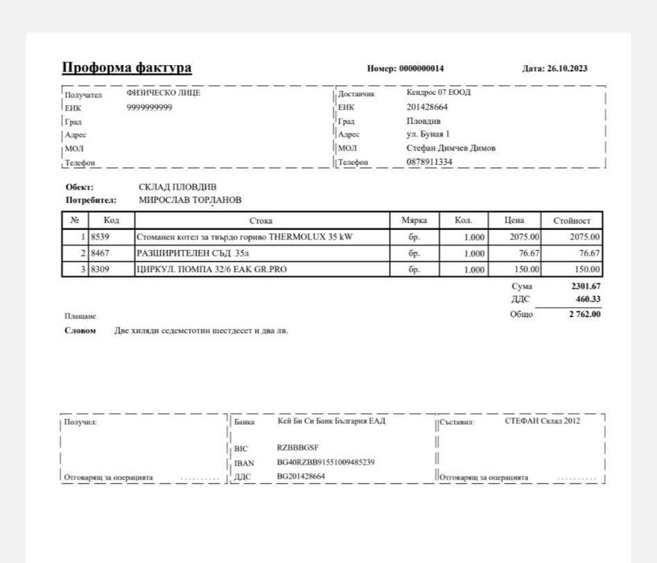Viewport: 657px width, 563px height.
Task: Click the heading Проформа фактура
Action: pyautogui.click(x=126, y=68)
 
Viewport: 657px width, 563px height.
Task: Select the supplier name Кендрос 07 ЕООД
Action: pyautogui.click(x=439, y=92)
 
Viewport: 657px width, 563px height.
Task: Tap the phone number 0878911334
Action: pyautogui.click(x=429, y=162)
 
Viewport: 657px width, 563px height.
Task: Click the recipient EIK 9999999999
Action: pyautogui.click(x=150, y=107)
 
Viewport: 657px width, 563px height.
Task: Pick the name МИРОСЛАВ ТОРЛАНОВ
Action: pyautogui.click(x=190, y=199)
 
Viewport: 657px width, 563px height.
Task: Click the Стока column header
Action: pyautogui.click(x=261, y=220)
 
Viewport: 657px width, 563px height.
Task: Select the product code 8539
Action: pyautogui.click(x=100, y=237)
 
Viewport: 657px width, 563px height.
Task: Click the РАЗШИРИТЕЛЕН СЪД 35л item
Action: pyautogui.click(x=188, y=253)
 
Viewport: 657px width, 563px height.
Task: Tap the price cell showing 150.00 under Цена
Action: pyautogui.click(x=525, y=269)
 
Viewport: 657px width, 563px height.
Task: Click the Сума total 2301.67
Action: pyautogui.click(x=585, y=286)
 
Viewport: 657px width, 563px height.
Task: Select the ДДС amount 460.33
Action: pyautogui.click(x=588, y=299)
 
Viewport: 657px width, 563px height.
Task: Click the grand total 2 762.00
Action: pyautogui.click(x=585, y=314)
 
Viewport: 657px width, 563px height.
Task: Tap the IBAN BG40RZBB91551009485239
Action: pyautogui.click(x=325, y=462)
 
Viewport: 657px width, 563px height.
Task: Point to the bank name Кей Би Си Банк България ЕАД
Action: pyautogui.click(x=331, y=421)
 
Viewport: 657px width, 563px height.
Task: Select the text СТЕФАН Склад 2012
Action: pyautogui.click(x=542, y=421)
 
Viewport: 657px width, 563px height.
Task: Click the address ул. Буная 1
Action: pyautogui.click(x=428, y=134)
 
